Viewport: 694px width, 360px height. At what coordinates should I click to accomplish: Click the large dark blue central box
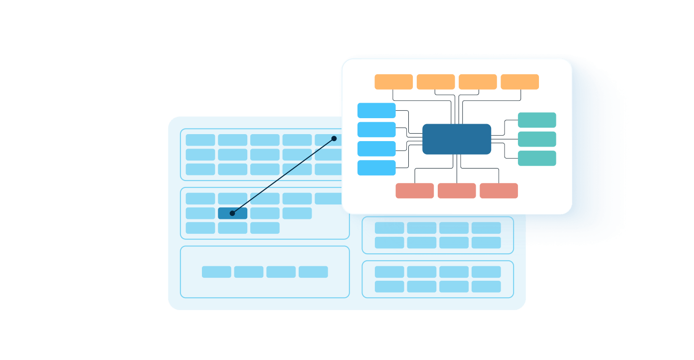457,139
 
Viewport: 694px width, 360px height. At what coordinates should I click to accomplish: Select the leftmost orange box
394,82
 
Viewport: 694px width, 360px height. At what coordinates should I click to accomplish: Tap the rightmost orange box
520,82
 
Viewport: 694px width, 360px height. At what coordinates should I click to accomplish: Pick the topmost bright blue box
376,111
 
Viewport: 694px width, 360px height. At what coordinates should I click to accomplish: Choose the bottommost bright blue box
376,168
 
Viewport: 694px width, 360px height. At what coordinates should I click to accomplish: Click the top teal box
537,120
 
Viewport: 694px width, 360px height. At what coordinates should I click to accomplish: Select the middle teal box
537,139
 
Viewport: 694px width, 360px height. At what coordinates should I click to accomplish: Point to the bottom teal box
537,158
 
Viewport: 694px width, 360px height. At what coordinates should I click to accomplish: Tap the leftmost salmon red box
415,191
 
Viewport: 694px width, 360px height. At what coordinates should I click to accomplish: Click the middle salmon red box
457,191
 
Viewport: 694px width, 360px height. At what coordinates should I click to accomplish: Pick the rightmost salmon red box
499,191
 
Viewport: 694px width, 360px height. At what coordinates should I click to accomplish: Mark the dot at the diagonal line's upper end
334,139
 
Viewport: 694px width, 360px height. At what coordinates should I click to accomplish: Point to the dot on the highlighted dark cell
232,213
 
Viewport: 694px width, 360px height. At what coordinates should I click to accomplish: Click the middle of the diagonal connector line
283,176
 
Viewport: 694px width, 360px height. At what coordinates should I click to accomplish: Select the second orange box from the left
436,82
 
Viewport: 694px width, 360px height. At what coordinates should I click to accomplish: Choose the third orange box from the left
478,82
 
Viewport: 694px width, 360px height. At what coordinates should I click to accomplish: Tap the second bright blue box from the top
376,130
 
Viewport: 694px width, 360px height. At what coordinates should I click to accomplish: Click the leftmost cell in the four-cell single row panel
216,272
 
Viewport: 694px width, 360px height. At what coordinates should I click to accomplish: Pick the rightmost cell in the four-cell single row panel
313,272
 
